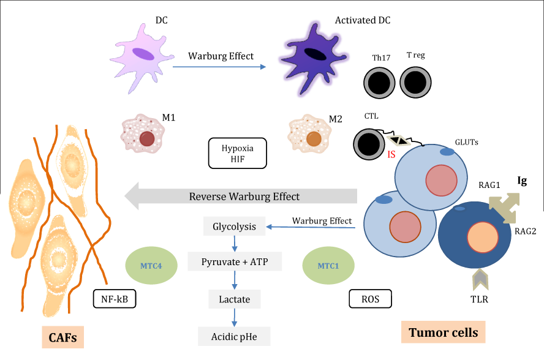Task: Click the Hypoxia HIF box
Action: (x=238, y=154)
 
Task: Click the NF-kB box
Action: (x=115, y=299)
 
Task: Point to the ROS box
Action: (x=370, y=298)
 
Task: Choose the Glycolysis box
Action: (x=234, y=227)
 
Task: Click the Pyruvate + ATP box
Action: (x=234, y=263)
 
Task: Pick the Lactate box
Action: (x=234, y=299)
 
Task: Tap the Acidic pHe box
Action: (x=234, y=336)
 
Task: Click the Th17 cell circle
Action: (x=382, y=82)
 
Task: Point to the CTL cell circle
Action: (x=370, y=145)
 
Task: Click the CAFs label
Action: (x=63, y=337)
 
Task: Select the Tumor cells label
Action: (x=443, y=332)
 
